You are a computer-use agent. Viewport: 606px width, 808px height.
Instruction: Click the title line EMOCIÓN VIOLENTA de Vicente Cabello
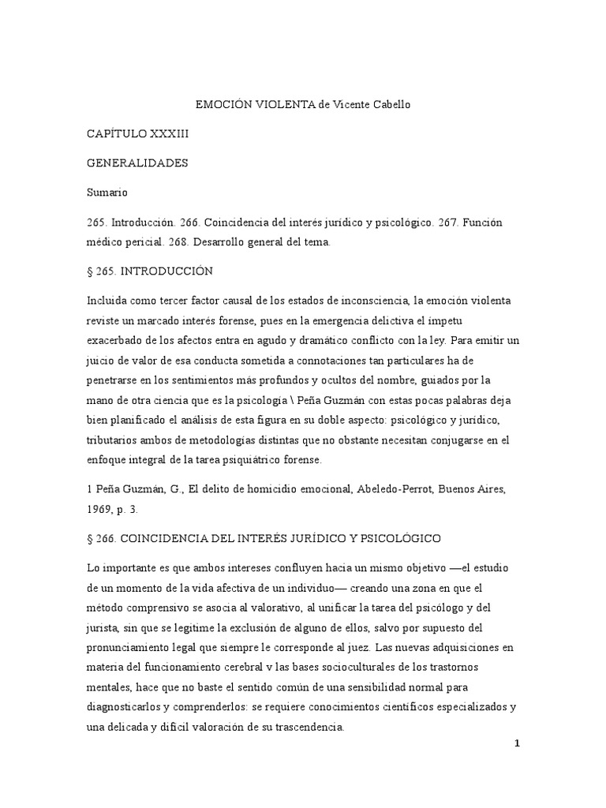[302, 104]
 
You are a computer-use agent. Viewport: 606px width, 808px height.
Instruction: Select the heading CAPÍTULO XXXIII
[137, 134]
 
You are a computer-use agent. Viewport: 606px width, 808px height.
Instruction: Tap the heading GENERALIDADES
[137, 163]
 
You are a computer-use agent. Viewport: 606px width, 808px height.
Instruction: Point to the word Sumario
[107, 193]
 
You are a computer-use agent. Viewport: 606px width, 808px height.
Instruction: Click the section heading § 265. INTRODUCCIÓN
[150, 271]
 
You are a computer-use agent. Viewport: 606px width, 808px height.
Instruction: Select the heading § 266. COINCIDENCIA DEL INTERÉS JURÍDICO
[264, 537]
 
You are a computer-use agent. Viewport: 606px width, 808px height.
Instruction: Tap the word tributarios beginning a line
[113, 440]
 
